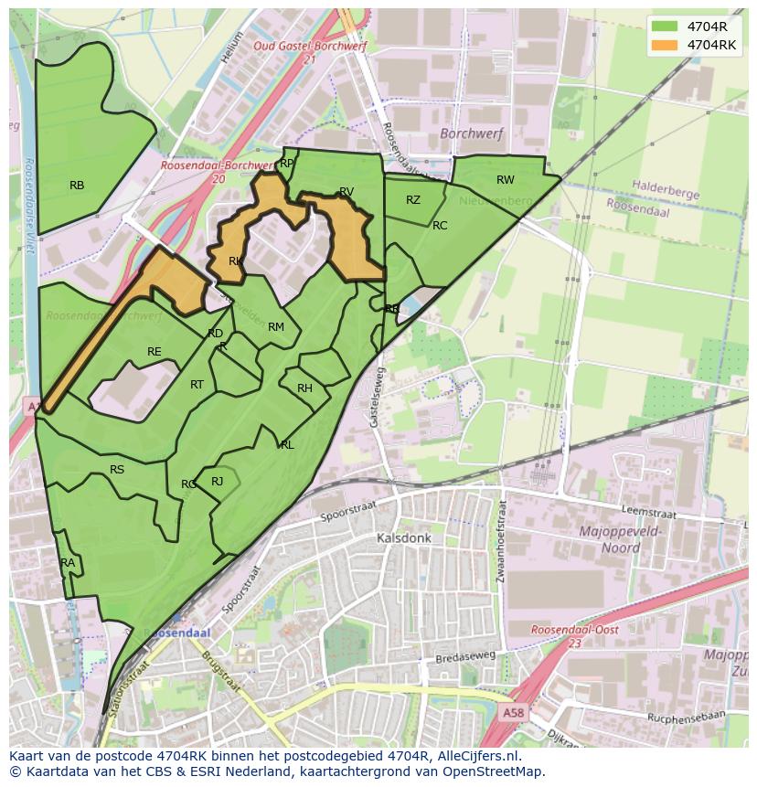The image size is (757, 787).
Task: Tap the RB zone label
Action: tap(77, 186)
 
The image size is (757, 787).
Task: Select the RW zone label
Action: tap(506, 180)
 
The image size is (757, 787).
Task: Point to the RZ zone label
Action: tap(413, 200)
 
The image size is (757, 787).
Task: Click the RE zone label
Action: tap(155, 352)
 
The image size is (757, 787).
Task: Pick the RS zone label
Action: tap(117, 470)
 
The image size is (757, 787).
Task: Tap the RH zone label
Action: tap(304, 388)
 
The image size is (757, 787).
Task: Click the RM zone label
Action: tap(276, 327)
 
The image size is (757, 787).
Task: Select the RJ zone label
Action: tap(218, 482)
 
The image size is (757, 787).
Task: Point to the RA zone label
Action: tap(68, 563)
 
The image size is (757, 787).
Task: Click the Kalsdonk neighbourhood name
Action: tap(403, 538)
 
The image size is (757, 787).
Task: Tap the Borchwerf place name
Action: tap(471, 133)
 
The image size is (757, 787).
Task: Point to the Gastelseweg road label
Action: tap(375, 399)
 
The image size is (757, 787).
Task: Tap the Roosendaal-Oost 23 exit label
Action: tap(575, 636)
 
